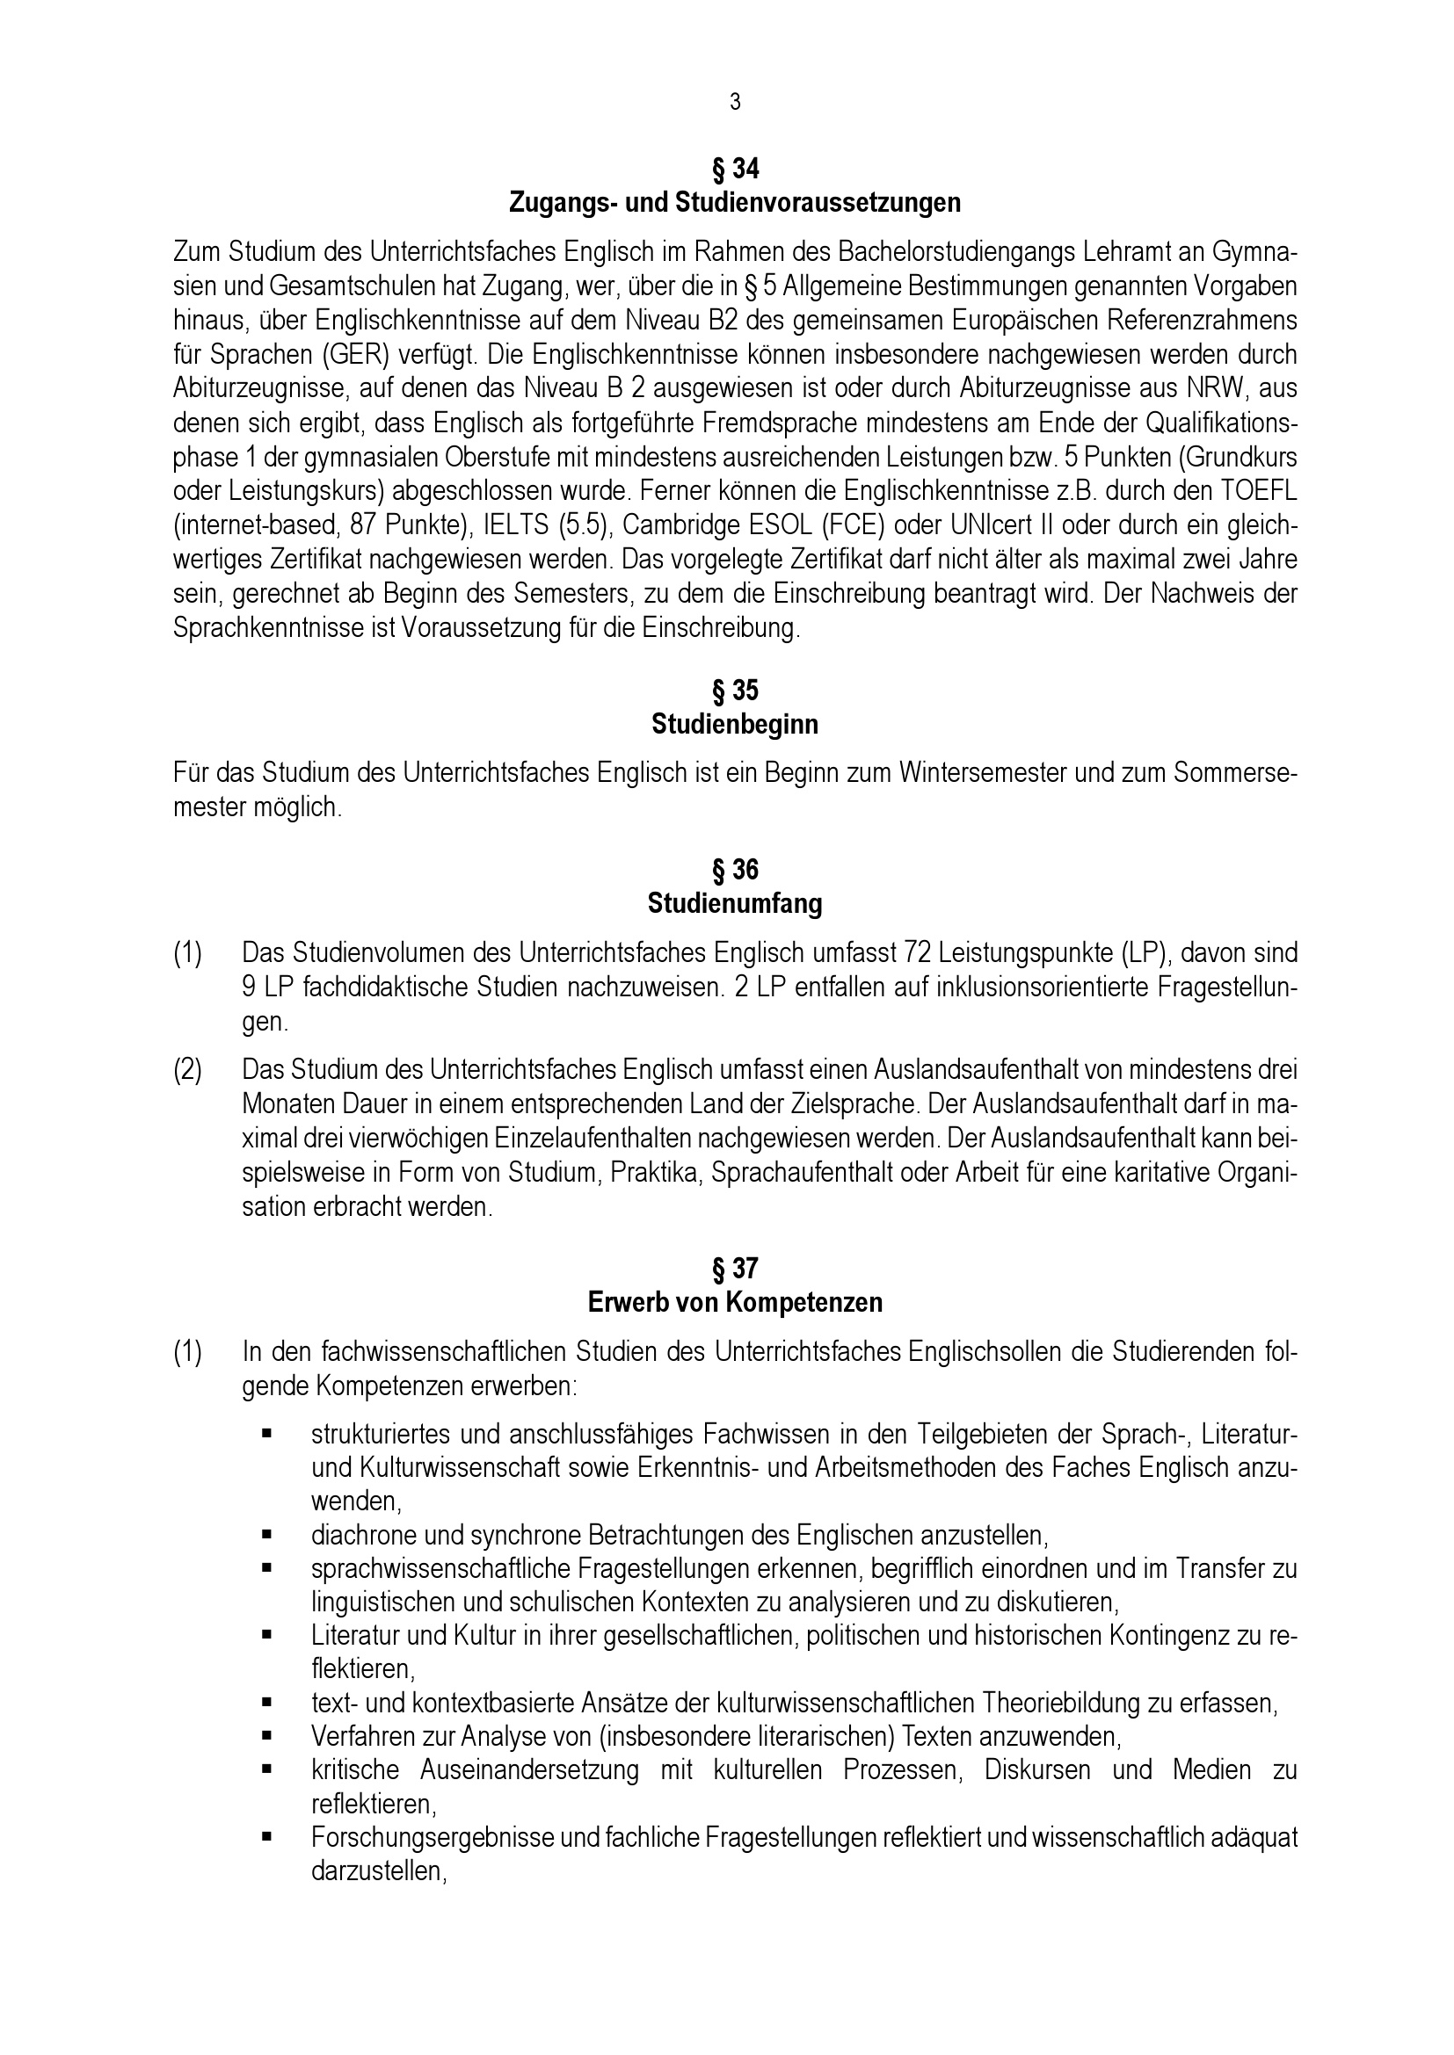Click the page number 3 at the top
click(x=735, y=103)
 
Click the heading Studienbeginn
click(x=735, y=724)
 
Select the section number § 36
click(x=735, y=870)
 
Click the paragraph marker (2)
click(x=187, y=1069)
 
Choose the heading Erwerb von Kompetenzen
click(x=735, y=1302)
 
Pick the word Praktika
click(x=655, y=1173)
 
